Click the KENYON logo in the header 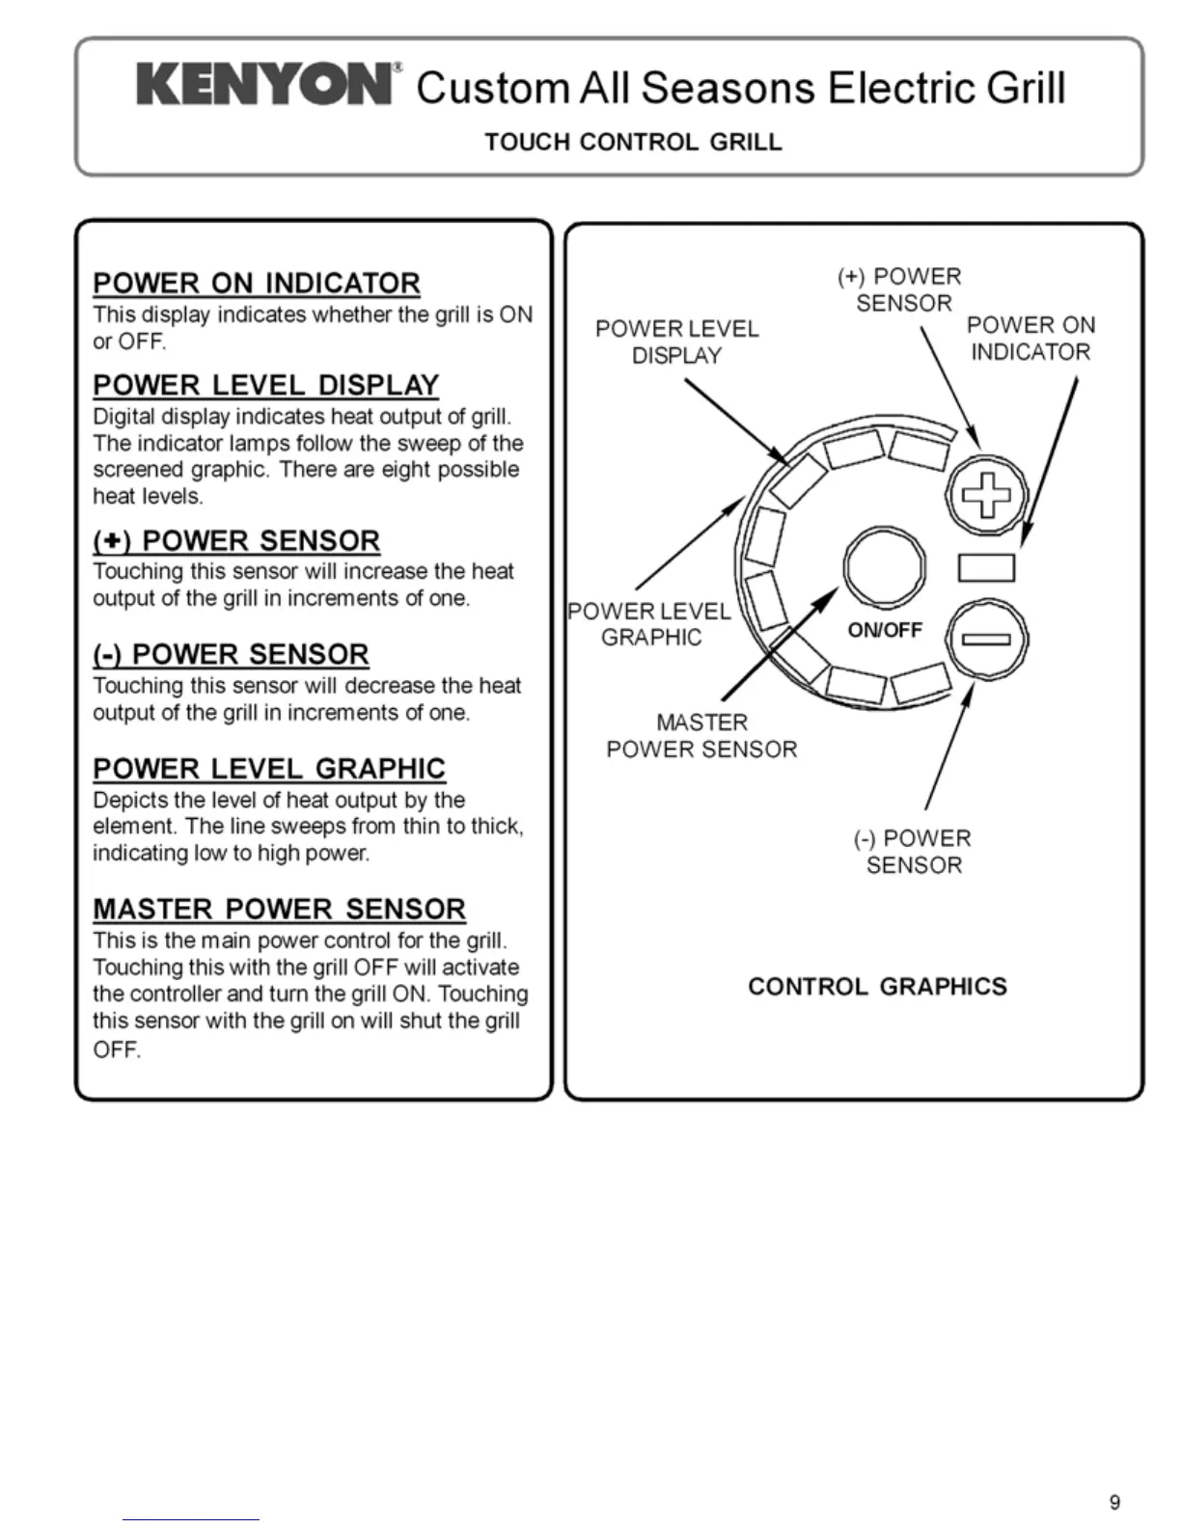(x=264, y=85)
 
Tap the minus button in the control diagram (x=986, y=639)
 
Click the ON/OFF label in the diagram (x=885, y=631)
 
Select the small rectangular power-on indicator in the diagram (x=986, y=568)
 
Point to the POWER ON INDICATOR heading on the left (x=257, y=284)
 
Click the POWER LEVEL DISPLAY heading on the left (x=265, y=386)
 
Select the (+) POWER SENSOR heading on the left (x=236, y=541)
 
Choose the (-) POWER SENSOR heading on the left (x=231, y=655)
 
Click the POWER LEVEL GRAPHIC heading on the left (x=269, y=769)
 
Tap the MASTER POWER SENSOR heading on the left (x=279, y=910)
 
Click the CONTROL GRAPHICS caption (x=877, y=987)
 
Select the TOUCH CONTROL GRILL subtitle (x=633, y=143)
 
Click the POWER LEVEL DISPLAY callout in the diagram (x=676, y=342)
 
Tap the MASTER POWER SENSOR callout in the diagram (x=701, y=736)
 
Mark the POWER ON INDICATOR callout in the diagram (x=1030, y=339)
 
